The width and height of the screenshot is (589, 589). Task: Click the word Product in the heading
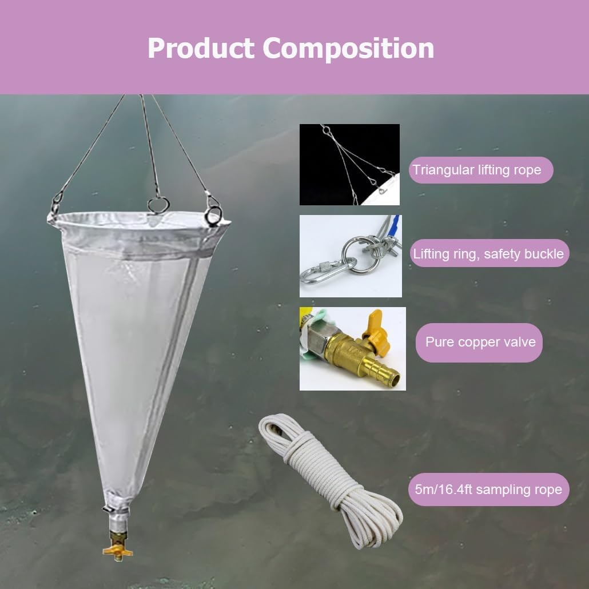point(201,49)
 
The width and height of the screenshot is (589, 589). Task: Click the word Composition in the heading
point(348,49)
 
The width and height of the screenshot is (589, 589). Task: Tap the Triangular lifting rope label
point(477,170)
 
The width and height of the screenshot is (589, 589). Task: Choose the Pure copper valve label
point(480,342)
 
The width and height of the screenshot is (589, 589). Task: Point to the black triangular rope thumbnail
point(349,165)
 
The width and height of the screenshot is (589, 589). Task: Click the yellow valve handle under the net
point(118,550)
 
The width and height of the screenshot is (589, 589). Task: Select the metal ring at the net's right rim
point(213,214)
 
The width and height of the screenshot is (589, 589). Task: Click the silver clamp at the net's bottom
point(117,508)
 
